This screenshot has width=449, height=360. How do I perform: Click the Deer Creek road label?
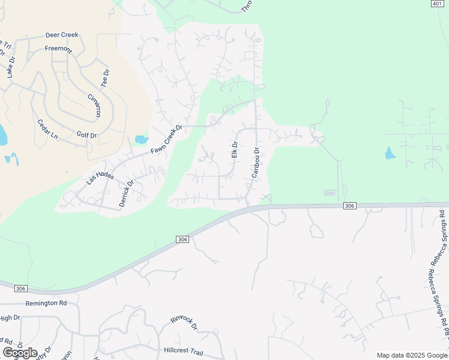[62, 36]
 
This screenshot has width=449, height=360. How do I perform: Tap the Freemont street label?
[58, 48]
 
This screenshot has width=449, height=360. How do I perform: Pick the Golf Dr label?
[87, 135]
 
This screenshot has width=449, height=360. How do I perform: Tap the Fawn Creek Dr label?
[166, 140]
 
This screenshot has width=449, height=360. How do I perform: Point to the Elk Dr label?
[235, 150]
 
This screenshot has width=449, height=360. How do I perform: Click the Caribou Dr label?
[255, 163]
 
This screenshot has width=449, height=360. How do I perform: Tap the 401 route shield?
[437, 4]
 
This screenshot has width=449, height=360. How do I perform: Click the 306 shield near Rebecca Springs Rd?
[351, 206]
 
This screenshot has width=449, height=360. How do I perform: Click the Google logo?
[20, 353]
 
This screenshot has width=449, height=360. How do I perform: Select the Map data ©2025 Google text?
[412, 355]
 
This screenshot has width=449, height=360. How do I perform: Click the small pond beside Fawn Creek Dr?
[141, 140]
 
